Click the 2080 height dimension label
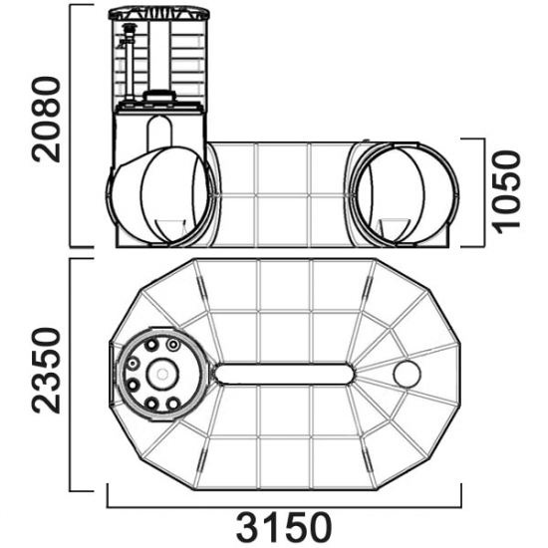click(47, 120)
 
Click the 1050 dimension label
click(507, 192)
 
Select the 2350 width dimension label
click(47, 371)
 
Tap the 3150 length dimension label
click(284, 527)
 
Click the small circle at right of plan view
click(407, 374)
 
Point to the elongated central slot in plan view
click(284, 375)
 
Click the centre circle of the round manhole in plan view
click(161, 374)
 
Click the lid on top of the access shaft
click(159, 14)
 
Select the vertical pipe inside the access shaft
click(129, 63)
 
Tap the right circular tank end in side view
click(406, 195)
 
